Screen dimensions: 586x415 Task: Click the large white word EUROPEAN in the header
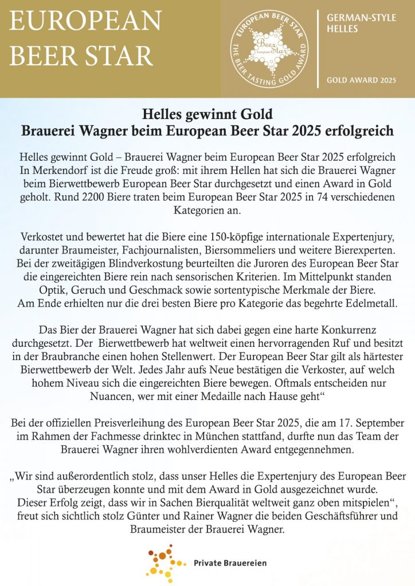[85, 21]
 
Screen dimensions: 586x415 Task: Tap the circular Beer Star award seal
[269, 49]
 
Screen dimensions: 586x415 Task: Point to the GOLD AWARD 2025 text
[361, 80]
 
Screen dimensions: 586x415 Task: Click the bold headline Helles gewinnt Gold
[207, 114]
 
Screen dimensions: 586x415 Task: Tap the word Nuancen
[117, 395]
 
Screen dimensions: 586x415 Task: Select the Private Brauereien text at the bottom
[230, 563]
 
